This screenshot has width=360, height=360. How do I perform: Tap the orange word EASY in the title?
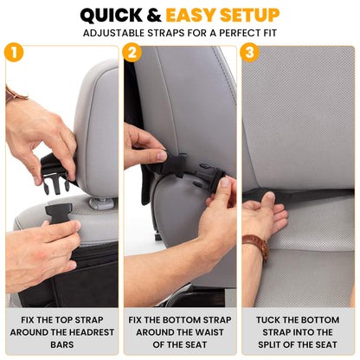pos(191,15)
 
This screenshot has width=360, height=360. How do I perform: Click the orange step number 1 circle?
pos(12,52)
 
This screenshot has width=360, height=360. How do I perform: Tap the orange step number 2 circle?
pos(132,52)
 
